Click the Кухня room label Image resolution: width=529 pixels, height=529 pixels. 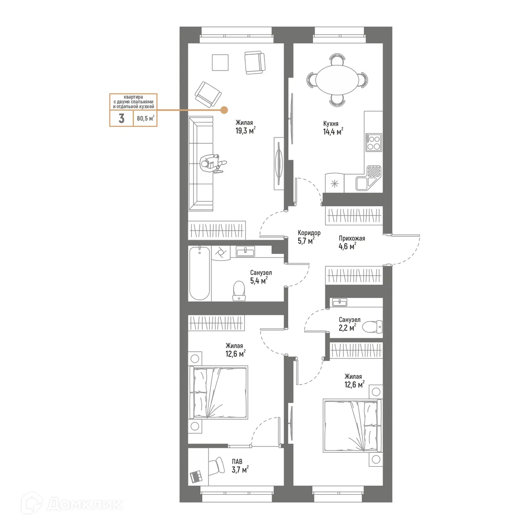pos(331,124)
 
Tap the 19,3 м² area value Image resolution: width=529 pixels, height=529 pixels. pos(245,131)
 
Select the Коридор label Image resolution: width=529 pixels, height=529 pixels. pos(309,233)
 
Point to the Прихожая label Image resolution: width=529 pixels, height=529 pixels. pos(352,238)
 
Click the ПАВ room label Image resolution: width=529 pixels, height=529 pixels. pos(237,462)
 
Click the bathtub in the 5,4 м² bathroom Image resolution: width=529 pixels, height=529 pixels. pos(199,273)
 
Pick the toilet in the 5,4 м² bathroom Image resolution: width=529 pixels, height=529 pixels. pos(238,291)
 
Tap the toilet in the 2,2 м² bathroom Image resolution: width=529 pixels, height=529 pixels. pos(372,327)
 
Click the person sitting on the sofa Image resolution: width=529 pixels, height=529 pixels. pos(211,163)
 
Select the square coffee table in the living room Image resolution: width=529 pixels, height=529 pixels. pos(220,62)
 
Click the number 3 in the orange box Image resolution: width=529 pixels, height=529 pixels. pos(121,118)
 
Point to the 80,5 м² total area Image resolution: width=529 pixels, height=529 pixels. pos(145,118)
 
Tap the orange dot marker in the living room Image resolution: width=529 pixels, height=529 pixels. pos(224,110)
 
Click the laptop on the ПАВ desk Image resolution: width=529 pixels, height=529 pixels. pos(196,476)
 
